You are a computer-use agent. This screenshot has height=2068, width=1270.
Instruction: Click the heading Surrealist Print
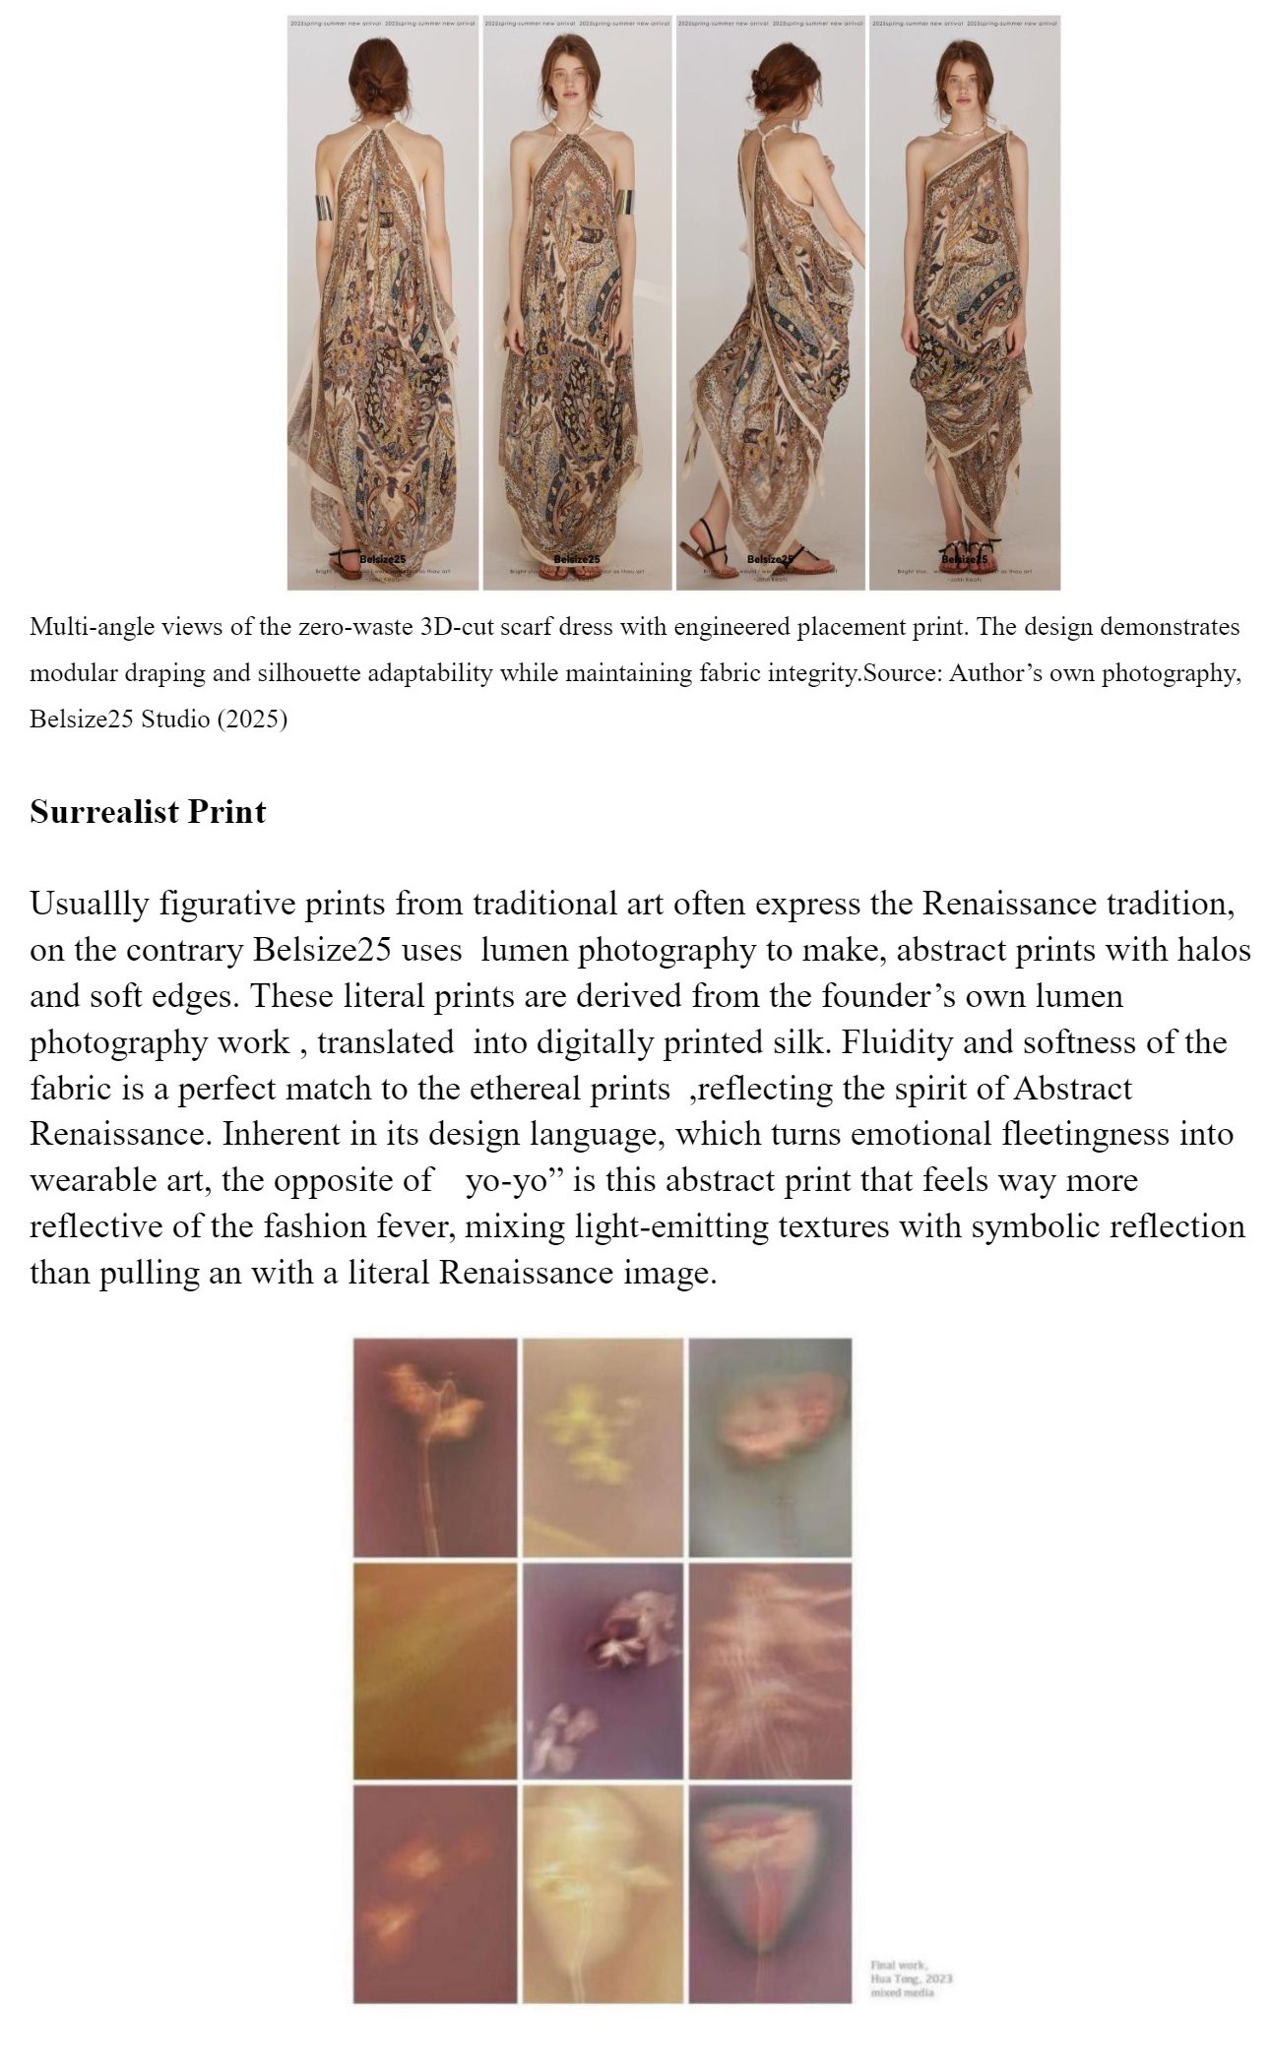point(148,812)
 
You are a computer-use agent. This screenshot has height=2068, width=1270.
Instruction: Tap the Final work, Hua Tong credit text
point(911,1978)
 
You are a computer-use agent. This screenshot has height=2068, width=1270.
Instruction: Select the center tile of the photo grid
point(603,1670)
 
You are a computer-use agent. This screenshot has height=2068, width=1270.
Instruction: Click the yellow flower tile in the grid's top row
point(603,1447)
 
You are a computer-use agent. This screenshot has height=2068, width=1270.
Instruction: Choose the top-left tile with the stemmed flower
point(435,1447)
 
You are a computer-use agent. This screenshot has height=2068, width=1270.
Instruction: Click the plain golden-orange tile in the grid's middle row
point(435,1670)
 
